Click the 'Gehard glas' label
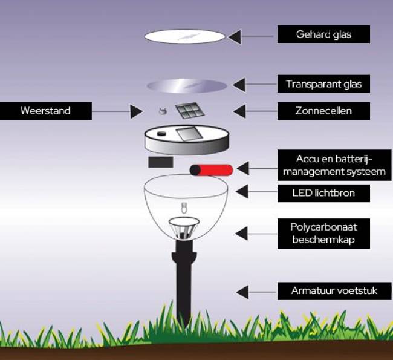[x=323, y=34]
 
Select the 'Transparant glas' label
[x=323, y=83]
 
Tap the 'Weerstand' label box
[x=46, y=111]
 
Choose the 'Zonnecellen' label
[x=323, y=111]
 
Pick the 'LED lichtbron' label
[x=323, y=194]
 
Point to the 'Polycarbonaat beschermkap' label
[x=323, y=233]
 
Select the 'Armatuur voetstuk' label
[x=334, y=291]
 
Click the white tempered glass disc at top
[x=185, y=36]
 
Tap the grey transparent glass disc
[x=187, y=85]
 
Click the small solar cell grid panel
[x=189, y=111]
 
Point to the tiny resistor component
[x=161, y=111]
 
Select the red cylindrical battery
[x=212, y=169]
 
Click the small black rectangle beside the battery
[x=161, y=162]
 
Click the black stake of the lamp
[x=184, y=284]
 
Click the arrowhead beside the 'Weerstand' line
[x=137, y=111]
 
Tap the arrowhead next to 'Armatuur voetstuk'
[x=241, y=292]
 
